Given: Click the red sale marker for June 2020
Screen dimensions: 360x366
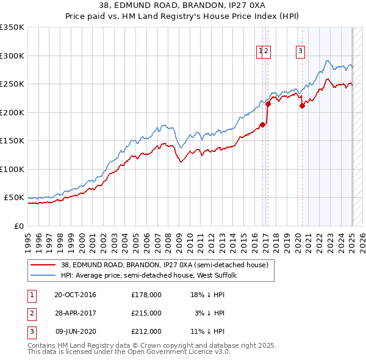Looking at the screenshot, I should coord(302,106).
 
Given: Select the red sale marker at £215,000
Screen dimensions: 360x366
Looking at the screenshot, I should coord(268,104).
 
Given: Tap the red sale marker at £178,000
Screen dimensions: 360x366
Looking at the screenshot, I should coord(262,125).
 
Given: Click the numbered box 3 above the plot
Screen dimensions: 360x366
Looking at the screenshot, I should coord(301,52).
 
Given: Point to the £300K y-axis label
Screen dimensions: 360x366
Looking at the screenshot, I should coord(12,56).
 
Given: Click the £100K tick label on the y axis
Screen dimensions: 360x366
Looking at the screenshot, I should coord(12,169).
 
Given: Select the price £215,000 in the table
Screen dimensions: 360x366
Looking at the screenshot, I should coord(146,313).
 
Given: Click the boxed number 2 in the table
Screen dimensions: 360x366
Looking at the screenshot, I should coord(31,313).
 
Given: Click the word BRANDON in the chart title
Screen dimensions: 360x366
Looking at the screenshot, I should coord(156,5).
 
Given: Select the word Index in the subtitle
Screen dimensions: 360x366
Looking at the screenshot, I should coord(265,16).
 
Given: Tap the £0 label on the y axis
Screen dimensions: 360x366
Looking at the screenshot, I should coord(18,226).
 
